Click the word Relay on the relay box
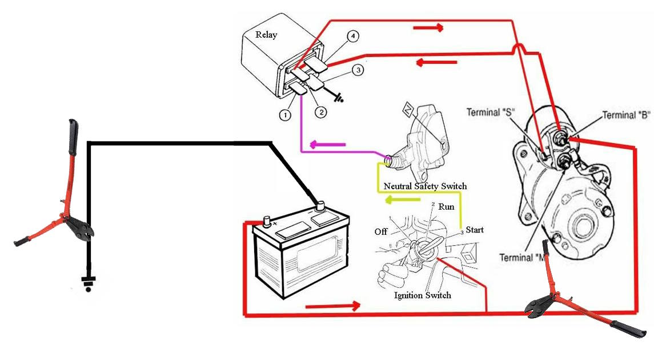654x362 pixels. [266, 35]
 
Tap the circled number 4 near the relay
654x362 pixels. [354, 36]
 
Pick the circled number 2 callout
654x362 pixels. [320, 112]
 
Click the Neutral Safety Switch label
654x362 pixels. [425, 186]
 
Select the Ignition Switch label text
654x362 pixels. [423, 295]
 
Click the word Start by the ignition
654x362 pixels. [474, 230]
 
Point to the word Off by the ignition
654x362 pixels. [382, 232]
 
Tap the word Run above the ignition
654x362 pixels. [447, 207]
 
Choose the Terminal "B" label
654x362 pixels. [627, 115]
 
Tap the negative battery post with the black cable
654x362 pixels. [320, 204]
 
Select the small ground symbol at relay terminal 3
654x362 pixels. [339, 97]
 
